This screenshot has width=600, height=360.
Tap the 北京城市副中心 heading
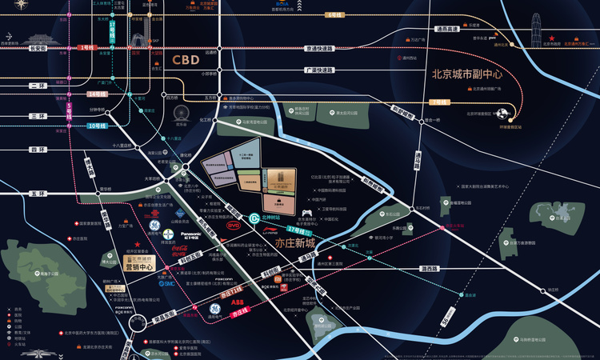(466, 74)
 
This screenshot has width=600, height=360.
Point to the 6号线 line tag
(332, 15)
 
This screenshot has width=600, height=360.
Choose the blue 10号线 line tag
(98, 126)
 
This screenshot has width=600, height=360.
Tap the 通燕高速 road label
(447, 30)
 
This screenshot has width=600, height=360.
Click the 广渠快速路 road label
(318, 70)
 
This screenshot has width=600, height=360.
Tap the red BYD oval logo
(233, 226)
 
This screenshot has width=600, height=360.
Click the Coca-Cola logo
(184, 250)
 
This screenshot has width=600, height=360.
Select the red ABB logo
(238, 303)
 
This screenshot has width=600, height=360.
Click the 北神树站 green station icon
(253, 218)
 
